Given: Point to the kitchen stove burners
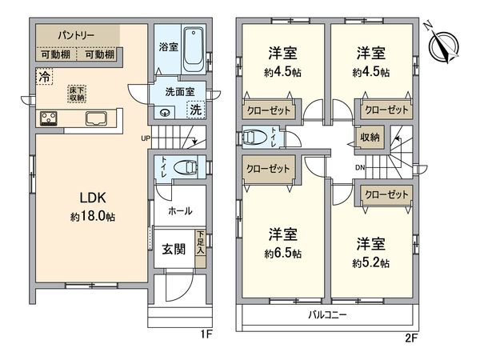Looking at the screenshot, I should tap(49, 120).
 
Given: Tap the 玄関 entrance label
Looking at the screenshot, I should tap(174, 249).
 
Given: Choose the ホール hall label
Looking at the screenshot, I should tap(179, 212).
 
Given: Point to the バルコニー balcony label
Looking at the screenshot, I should tap(328, 315).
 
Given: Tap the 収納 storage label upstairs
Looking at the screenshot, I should tap(370, 138).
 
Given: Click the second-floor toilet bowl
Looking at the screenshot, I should tap(255, 138).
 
